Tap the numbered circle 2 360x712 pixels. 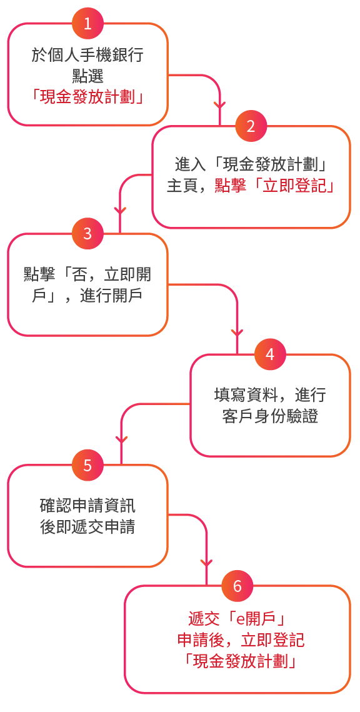coord(251,126)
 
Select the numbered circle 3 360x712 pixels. coord(87,234)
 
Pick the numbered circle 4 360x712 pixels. coord(270,354)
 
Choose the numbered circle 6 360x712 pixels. coord(237,586)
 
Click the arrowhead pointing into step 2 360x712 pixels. coord(220,106)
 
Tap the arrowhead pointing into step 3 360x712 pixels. coord(120,211)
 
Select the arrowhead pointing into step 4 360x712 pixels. coord(237,333)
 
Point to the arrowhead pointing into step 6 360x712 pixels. coord(206,563)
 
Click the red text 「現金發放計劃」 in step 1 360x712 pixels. coord(87,97)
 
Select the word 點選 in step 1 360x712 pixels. coord(87,76)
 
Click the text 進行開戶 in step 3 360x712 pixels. coord(111,296)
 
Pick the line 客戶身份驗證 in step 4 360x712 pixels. coord(270,416)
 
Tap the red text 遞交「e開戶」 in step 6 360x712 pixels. coord(236,618)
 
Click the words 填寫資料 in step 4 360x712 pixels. coord(245,395)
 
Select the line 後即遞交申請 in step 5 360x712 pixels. coord(87,528)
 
